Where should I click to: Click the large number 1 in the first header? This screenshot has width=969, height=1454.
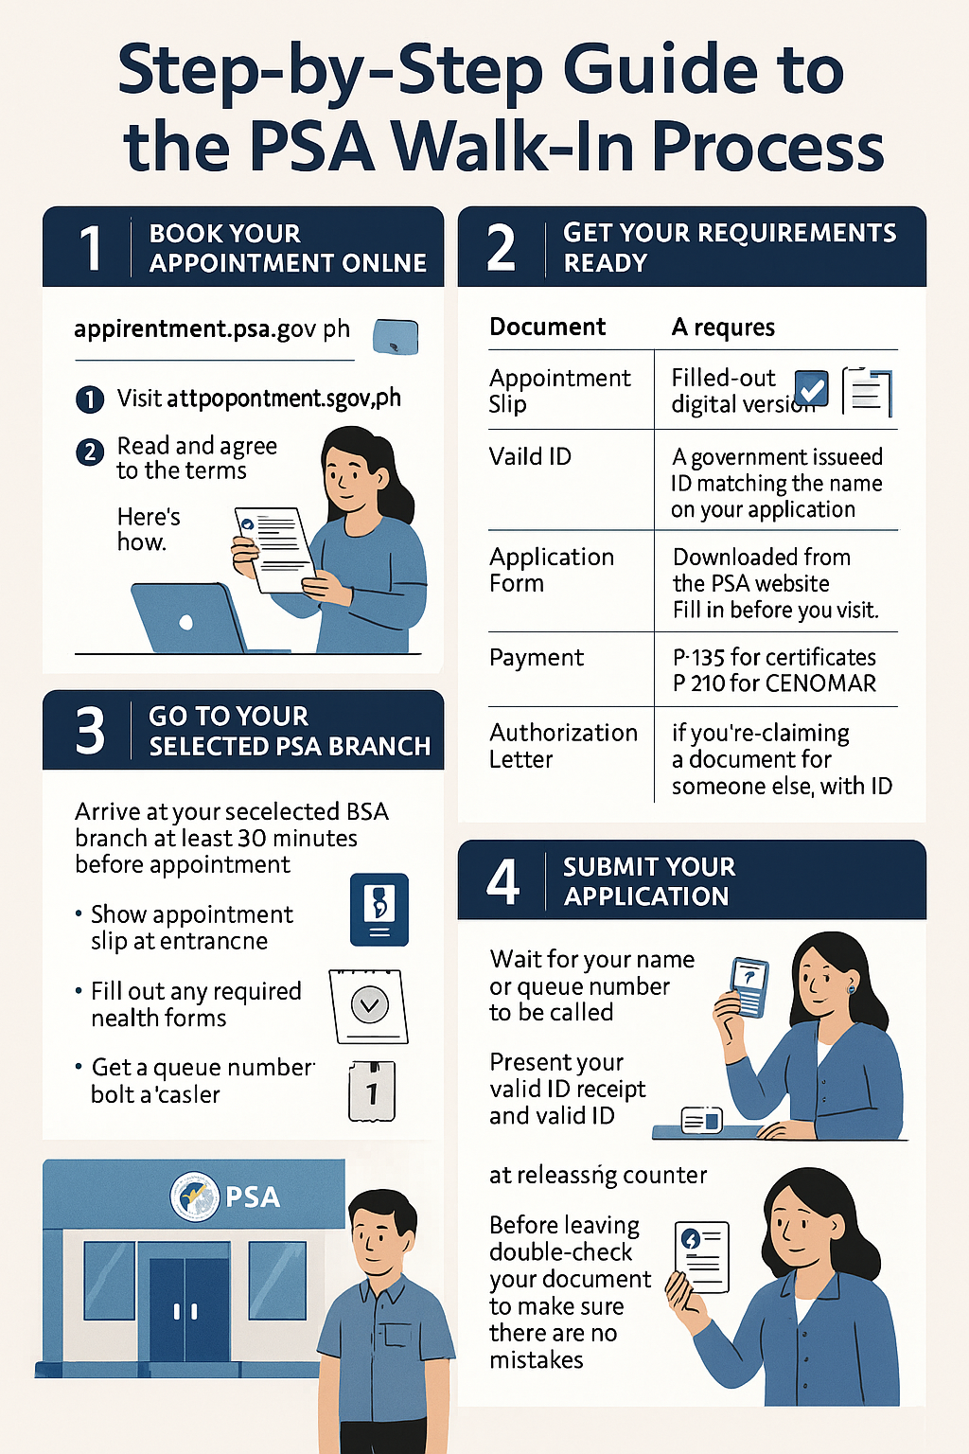point(91,248)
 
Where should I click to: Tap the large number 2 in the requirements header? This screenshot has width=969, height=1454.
point(502,248)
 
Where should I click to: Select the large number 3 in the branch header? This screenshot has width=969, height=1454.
point(90,731)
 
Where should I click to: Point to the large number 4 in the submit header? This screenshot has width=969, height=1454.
point(502,881)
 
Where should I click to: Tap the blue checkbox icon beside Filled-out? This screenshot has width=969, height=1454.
point(812,388)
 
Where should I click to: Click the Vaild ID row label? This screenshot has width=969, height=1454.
point(530,456)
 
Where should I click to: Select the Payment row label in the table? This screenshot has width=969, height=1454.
point(537,658)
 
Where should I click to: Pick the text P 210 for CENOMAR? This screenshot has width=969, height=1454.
point(774,683)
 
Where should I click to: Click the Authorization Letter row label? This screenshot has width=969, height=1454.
point(563,746)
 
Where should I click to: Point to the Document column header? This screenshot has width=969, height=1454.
point(547,328)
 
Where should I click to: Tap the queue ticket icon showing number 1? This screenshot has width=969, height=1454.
point(372,1091)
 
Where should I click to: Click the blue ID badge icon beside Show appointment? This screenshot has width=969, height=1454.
point(379,909)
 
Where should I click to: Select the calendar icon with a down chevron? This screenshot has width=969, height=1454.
point(369,1005)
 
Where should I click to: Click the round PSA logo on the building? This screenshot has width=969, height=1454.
point(194,1197)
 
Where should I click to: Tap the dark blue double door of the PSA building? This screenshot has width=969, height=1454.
point(188,1310)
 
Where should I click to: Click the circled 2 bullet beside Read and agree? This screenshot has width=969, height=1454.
point(89,452)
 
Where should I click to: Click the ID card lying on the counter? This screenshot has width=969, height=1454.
point(701,1121)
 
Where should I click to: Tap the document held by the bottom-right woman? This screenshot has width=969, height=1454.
point(702,1256)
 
